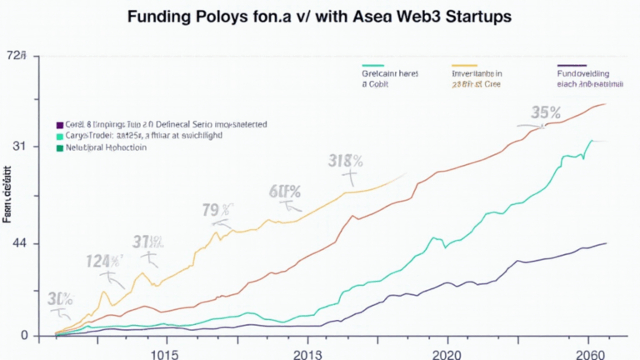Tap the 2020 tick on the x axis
pos(436,352)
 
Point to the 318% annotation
pos(346,161)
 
